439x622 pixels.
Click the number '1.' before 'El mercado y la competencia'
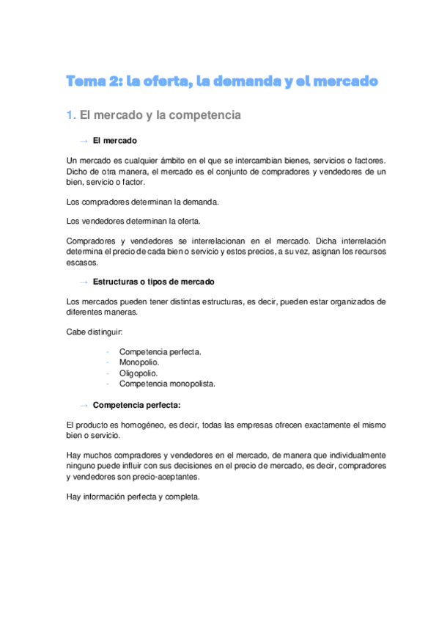coord(70,115)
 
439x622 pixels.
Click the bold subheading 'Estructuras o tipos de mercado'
coord(154,282)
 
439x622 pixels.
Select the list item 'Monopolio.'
coord(139,362)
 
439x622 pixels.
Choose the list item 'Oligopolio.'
coord(139,373)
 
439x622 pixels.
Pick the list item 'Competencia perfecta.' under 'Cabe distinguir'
coord(160,351)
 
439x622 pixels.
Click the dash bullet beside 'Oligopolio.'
coord(108,373)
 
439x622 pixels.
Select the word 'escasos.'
coord(81,262)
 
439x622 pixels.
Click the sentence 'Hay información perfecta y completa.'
coord(133,496)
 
